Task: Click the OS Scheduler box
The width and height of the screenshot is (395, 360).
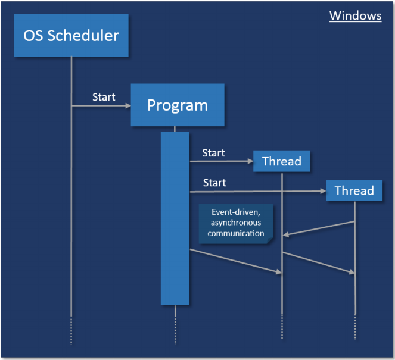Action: [x=71, y=35]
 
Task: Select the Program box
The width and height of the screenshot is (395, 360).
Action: [x=178, y=105]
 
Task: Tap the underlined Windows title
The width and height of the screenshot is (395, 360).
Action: [x=356, y=16]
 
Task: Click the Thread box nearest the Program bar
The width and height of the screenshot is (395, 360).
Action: [x=281, y=161]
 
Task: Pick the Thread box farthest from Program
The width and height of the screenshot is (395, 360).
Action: [x=354, y=190]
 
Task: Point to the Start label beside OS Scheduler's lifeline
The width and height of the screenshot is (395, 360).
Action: [x=104, y=97]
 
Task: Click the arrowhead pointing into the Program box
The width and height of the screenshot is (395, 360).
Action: [x=128, y=106]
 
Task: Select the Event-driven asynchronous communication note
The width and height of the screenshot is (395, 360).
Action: [x=236, y=224]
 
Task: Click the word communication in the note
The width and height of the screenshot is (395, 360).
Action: [x=236, y=233]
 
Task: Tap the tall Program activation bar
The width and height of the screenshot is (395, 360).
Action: [x=175, y=218]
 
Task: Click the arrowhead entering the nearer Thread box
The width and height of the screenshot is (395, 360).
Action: [x=251, y=161]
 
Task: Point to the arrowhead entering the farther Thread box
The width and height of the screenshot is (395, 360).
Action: [x=323, y=191]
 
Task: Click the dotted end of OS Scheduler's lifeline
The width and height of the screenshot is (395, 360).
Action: [x=71, y=331]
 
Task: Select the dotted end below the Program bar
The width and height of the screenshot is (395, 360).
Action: [x=175, y=330]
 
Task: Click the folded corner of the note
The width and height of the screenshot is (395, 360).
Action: [x=270, y=240]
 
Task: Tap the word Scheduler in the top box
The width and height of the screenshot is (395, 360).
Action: [x=83, y=36]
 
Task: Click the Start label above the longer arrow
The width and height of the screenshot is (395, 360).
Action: [x=214, y=183]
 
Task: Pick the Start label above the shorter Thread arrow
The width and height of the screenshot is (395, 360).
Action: [x=214, y=153]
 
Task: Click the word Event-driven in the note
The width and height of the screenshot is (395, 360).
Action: [x=236, y=212]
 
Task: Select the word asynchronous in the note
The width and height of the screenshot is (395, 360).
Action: [x=236, y=223]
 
